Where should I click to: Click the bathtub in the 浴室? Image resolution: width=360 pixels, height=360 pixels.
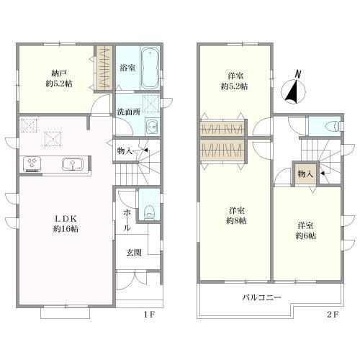tap(150, 68)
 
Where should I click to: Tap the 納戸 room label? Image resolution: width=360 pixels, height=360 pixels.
tap(59, 72)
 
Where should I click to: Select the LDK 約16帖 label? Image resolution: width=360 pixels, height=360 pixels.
tap(66, 224)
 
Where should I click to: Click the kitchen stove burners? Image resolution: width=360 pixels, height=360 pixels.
tap(32, 164)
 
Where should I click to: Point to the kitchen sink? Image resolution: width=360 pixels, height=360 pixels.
tap(73, 163)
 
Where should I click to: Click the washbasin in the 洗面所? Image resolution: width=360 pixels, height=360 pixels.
tap(152, 126)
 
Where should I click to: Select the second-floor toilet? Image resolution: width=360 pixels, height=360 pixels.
tap(334, 126)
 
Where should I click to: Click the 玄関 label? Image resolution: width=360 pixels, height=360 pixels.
tap(134, 253)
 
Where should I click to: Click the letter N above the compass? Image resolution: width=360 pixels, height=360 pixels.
tap(297, 74)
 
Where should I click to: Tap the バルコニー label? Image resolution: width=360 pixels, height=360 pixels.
tap(261, 298)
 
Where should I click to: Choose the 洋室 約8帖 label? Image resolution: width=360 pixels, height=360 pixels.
tap(237, 215)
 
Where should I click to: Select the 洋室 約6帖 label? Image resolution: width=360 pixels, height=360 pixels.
tap(305, 230)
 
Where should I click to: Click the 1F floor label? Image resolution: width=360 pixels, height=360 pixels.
tap(150, 315)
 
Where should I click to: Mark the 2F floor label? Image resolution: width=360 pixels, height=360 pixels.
tap(333, 315)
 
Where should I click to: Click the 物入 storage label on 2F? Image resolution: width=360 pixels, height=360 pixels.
tap(305, 174)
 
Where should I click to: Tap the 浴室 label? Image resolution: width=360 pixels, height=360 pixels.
tap(127, 68)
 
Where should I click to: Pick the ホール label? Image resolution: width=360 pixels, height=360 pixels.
tap(127, 220)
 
